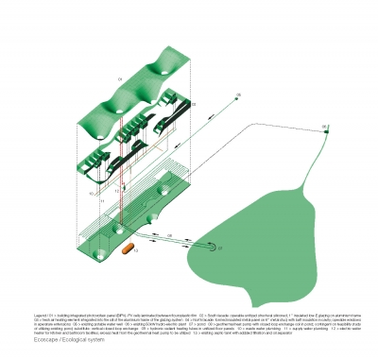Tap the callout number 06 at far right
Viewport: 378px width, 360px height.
(323, 125)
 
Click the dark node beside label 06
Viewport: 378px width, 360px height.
(325, 131)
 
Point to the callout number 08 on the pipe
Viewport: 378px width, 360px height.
(170, 235)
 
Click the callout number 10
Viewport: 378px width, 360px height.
(91, 193)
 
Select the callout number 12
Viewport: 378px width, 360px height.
(116, 188)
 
